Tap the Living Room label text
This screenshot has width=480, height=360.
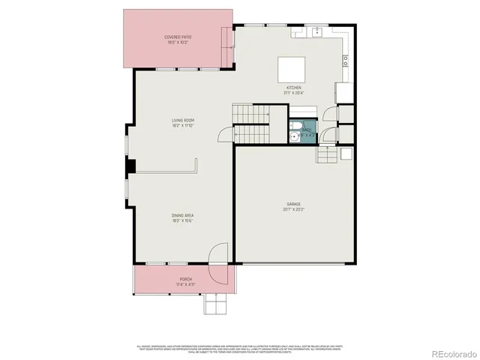point(183,123)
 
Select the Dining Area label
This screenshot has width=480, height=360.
point(183,218)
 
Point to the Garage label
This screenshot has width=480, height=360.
point(293,206)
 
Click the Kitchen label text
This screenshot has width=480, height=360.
point(293,90)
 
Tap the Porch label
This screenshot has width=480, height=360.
point(185,281)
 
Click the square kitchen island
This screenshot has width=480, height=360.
point(292,70)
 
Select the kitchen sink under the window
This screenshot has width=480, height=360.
point(316,32)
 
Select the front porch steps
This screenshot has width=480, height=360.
point(215,303)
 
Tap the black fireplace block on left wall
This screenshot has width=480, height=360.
point(130,166)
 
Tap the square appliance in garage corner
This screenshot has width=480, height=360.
point(346,153)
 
